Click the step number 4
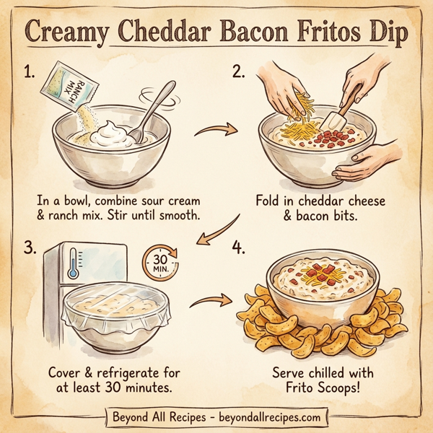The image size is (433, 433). (237, 248)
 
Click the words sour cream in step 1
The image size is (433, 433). (168, 198)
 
